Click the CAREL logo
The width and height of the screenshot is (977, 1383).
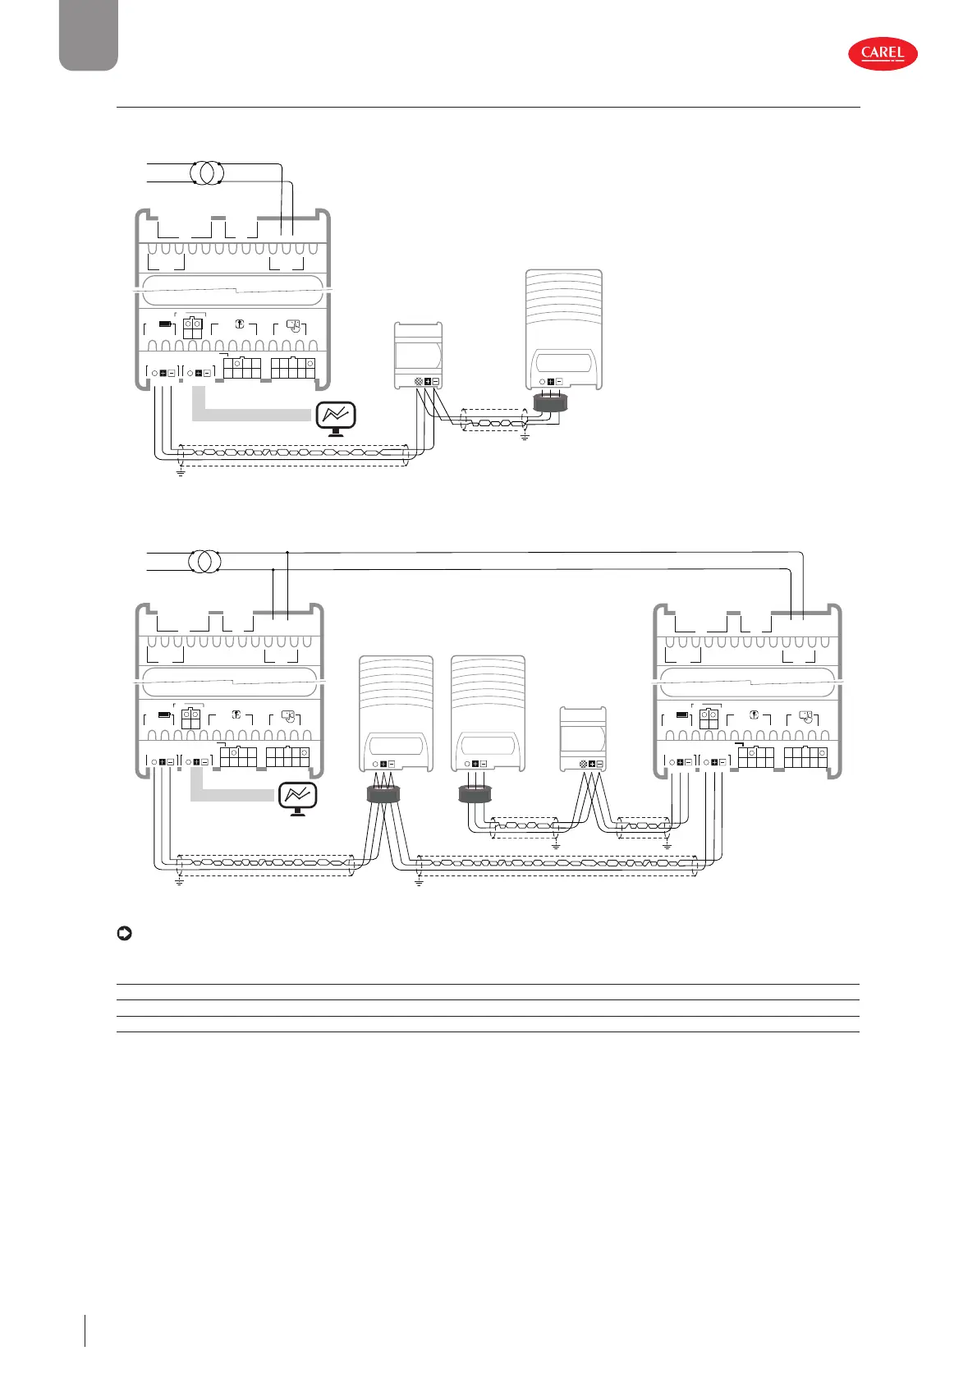tap(883, 54)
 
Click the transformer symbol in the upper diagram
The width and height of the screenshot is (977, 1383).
tap(205, 173)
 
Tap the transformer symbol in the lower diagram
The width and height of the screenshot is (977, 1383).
tap(205, 562)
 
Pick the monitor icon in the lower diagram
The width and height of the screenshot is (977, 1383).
tap(298, 797)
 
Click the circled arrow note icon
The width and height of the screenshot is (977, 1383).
tap(124, 934)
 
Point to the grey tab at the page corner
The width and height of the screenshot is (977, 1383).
tap(89, 34)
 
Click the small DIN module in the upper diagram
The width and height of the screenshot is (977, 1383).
tap(419, 355)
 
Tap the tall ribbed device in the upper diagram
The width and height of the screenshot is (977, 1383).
tap(563, 329)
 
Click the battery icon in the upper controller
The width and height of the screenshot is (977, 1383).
tap(166, 324)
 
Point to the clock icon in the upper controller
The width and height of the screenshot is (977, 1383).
tap(292, 325)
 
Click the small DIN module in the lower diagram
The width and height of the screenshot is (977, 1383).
tap(583, 738)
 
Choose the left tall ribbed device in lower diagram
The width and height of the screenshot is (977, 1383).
tap(397, 713)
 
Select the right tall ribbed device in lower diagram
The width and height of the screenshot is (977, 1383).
tap(488, 713)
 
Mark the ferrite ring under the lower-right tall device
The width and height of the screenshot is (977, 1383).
tap(475, 793)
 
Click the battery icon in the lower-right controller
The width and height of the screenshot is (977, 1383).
tap(682, 714)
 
